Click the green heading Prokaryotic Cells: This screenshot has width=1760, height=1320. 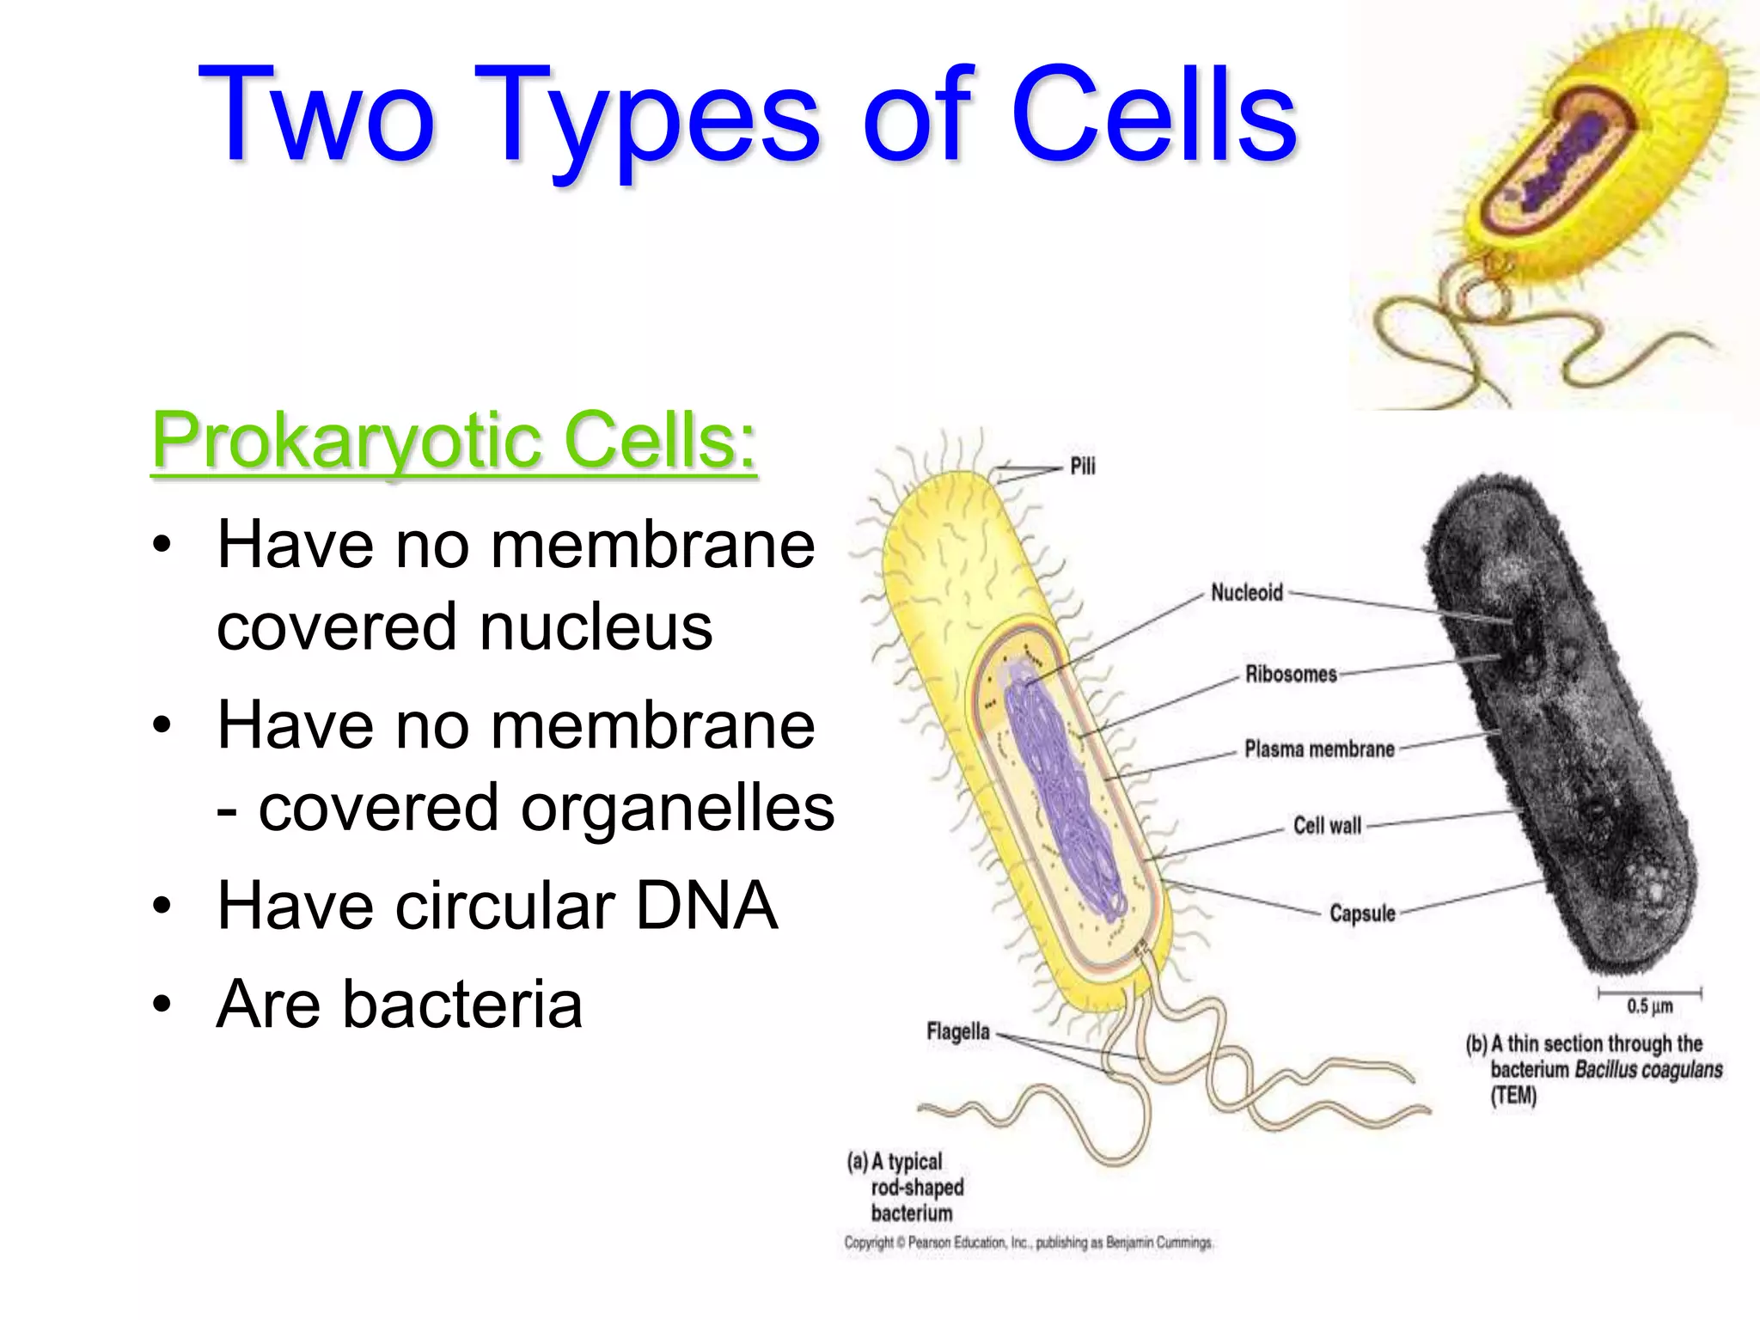click(454, 440)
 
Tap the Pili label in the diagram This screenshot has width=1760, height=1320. click(1082, 466)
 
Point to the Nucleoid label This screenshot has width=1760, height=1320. click(1246, 592)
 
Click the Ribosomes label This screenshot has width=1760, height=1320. click(1291, 674)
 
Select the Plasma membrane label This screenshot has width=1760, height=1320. click(1319, 749)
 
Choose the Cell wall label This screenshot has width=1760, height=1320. click(1327, 826)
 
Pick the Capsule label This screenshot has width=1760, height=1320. click(1362, 913)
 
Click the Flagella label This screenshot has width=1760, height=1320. click(957, 1031)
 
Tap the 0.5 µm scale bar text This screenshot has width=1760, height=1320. click(1649, 1006)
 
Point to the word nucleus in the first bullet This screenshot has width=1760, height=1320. click(596, 626)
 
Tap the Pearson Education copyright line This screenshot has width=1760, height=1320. click(1028, 1243)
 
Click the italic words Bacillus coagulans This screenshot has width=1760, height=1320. click(1648, 1070)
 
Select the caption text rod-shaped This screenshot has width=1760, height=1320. click(917, 1188)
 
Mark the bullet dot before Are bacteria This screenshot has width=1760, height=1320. click(162, 1004)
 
